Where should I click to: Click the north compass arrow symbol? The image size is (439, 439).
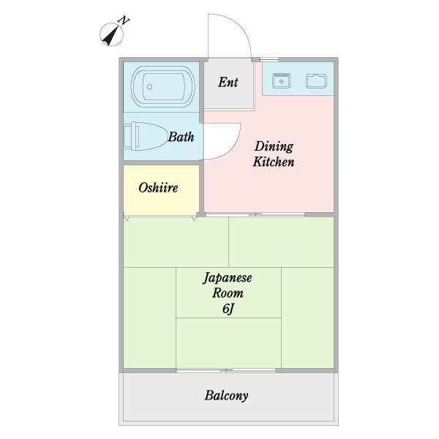110,34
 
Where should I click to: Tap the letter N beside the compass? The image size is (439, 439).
124,21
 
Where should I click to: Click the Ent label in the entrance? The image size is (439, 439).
228,82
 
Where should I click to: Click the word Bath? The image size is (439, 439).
181,137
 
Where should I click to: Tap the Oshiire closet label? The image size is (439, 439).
158,187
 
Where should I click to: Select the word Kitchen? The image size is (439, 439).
273,162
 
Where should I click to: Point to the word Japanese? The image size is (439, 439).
228,278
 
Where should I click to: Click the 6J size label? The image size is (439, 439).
228,309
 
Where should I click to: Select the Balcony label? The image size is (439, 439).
226,396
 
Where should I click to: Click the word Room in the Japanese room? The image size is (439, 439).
228,293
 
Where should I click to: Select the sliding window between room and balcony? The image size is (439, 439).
227,370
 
